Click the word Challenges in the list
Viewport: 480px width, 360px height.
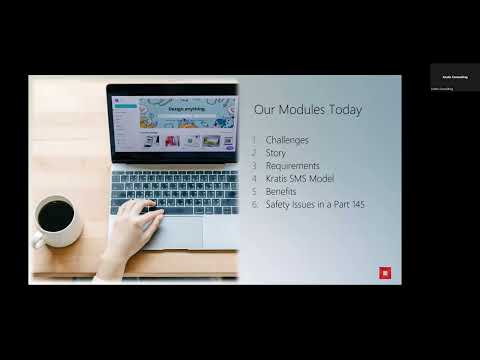(287, 140)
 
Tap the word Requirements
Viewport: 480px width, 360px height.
(293, 166)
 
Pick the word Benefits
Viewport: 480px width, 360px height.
(282, 191)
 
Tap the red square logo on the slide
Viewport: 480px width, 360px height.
(385, 272)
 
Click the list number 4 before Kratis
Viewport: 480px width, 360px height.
(255, 178)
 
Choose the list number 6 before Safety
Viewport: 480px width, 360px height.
(255, 204)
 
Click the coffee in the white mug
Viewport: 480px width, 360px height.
(55, 214)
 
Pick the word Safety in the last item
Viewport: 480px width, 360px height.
(278, 204)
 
